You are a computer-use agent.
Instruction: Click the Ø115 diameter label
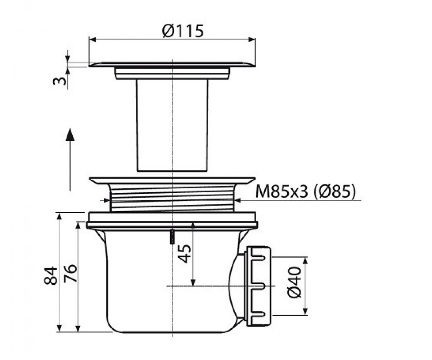(x=183, y=31)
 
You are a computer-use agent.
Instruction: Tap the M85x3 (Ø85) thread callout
(x=305, y=192)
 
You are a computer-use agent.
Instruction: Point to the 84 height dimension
(x=50, y=276)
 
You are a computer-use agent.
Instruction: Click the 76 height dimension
(x=70, y=273)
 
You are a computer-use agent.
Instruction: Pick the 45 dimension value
(x=184, y=254)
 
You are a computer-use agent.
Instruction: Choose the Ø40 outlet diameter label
(x=294, y=282)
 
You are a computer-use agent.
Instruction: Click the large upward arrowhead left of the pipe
(x=70, y=135)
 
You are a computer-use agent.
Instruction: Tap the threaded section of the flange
(x=172, y=198)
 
